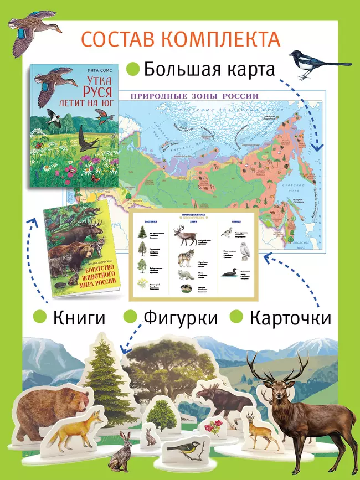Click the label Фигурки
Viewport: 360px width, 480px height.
pos(181,318)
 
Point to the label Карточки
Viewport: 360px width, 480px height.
pos(290,318)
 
